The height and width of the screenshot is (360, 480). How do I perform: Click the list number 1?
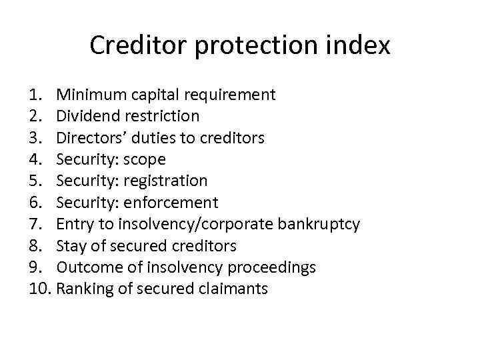point(37,95)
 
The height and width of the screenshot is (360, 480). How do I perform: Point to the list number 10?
point(41,289)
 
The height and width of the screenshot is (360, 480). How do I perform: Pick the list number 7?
point(37,224)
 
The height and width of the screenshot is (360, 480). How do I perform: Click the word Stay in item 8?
point(69,246)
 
